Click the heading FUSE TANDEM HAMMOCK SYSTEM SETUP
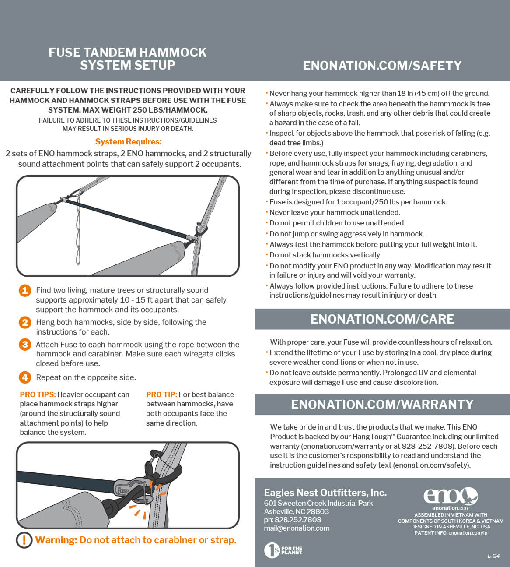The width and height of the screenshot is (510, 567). [x=127, y=59]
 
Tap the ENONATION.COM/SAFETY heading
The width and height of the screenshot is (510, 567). [x=382, y=66]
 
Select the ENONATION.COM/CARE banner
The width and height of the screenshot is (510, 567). [x=382, y=319]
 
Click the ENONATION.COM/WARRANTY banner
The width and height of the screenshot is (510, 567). [x=382, y=404]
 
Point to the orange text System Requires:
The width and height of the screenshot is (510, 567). [x=128, y=142]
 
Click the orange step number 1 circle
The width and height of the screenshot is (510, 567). [x=25, y=291]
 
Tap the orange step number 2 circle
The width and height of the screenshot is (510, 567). [x=25, y=323]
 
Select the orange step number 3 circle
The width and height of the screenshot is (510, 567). [x=25, y=345]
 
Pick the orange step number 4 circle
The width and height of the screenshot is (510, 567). [x=25, y=377]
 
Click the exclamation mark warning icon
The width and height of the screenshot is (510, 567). [x=24, y=540]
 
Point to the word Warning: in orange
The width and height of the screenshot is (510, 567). [x=56, y=540]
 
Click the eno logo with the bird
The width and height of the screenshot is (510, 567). [x=451, y=497]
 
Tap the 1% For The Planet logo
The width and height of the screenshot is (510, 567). [x=283, y=550]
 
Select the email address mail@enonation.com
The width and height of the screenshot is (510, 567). [x=297, y=528]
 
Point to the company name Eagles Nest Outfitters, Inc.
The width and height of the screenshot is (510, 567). [x=325, y=493]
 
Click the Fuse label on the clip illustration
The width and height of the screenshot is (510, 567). [x=123, y=490]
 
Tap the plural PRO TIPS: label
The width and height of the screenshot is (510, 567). [x=38, y=395]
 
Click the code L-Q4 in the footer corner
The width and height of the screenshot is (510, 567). [x=493, y=556]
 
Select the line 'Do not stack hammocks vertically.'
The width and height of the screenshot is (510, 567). [x=325, y=255]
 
